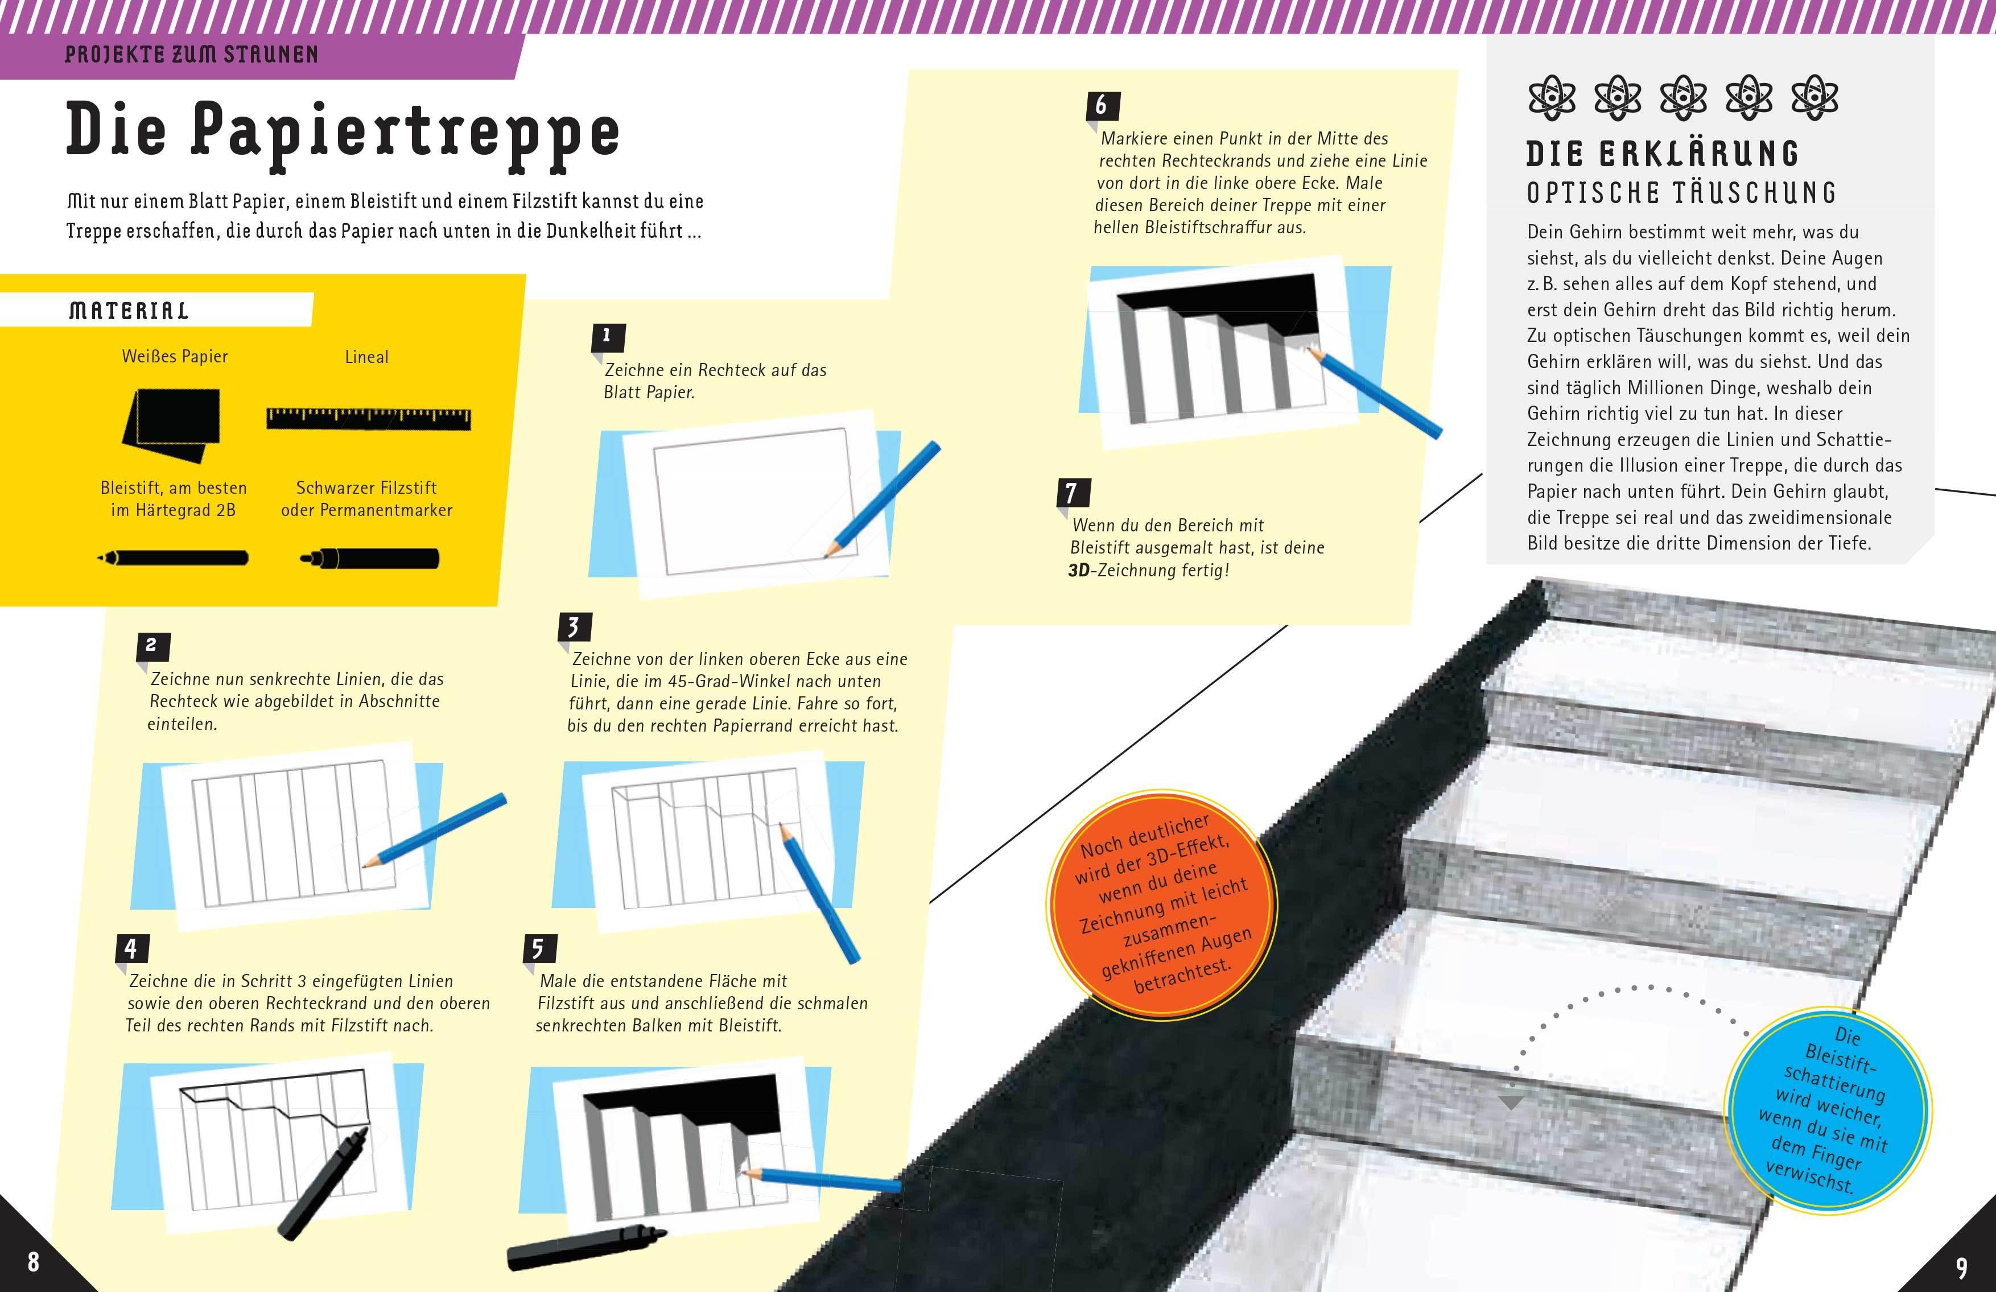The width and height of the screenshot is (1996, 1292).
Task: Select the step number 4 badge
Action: click(131, 948)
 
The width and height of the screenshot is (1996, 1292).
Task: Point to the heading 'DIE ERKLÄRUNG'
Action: click(1661, 154)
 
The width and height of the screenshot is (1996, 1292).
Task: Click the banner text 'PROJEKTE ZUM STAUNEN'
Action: click(191, 55)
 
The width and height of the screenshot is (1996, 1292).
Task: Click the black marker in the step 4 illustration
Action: click(323, 1184)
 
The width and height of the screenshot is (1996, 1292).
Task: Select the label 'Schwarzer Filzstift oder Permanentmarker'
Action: click(366, 499)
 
